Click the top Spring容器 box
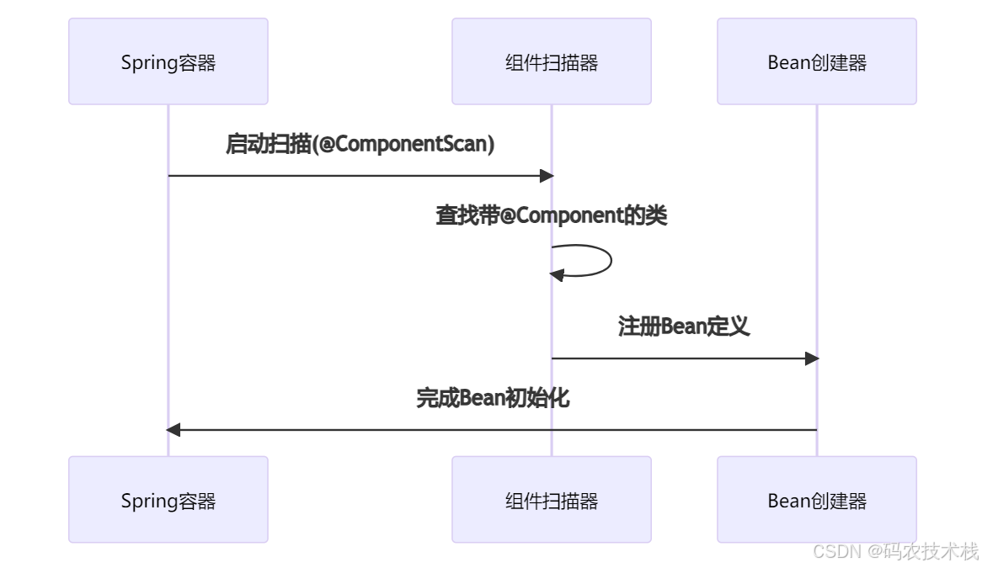pyautogui.click(x=168, y=61)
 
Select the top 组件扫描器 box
pyautogui.click(x=551, y=61)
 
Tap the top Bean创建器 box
pyautogui.click(x=816, y=61)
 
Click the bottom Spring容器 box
pyautogui.click(x=168, y=500)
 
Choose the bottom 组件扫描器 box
pyautogui.click(x=551, y=500)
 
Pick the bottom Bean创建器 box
pyautogui.click(x=816, y=500)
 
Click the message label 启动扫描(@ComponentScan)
pyautogui.click(x=360, y=144)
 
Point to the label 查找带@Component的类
pyautogui.click(x=551, y=215)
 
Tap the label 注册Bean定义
pyautogui.click(x=684, y=326)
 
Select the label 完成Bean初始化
pyautogui.click(x=493, y=398)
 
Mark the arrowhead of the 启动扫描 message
pyautogui.click(x=547, y=176)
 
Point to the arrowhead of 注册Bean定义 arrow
pyautogui.click(x=812, y=358)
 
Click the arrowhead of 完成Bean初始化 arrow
pyautogui.click(x=173, y=430)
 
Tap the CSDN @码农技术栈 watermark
pyautogui.click(x=895, y=551)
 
